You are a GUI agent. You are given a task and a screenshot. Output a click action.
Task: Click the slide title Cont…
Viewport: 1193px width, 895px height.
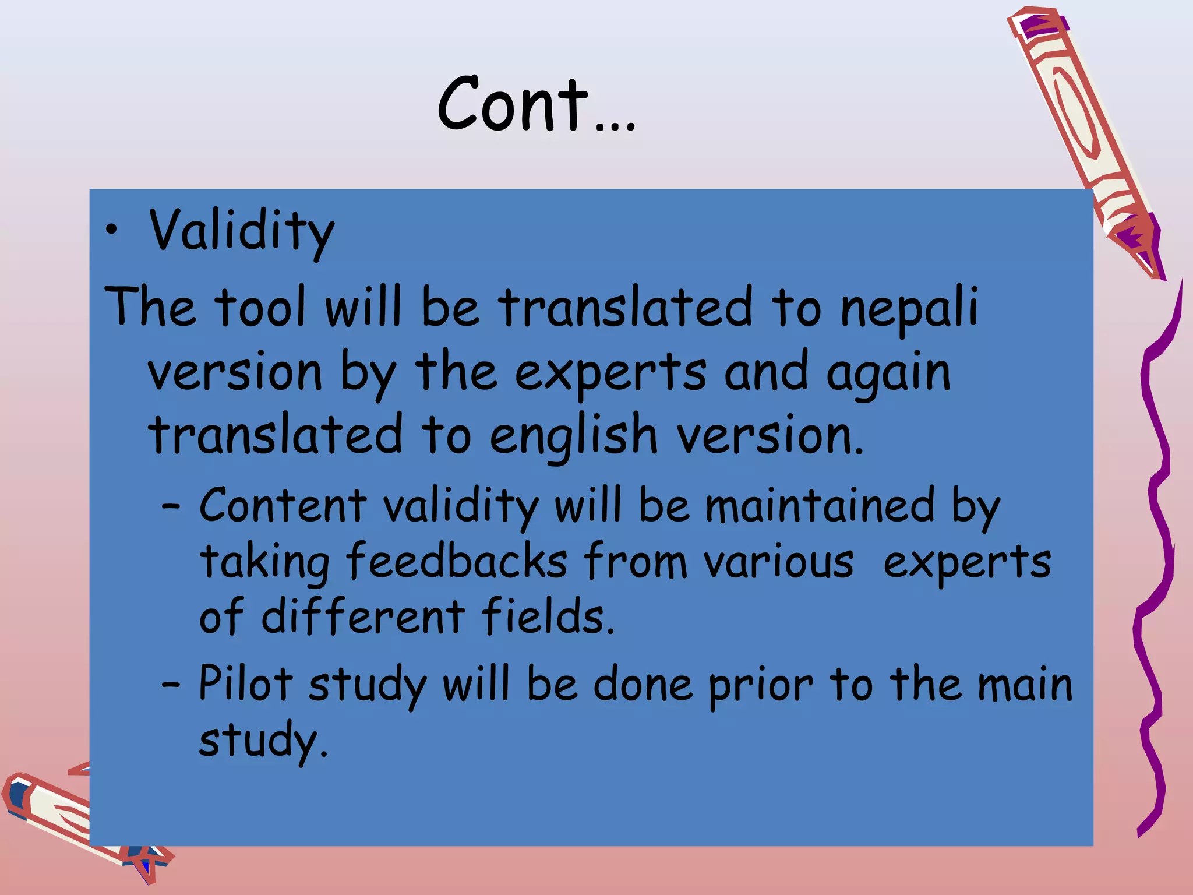pos(536,105)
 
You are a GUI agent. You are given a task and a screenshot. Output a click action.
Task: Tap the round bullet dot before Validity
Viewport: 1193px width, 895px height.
pos(112,231)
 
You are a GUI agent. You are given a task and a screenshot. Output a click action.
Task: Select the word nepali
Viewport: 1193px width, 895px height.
pos(909,309)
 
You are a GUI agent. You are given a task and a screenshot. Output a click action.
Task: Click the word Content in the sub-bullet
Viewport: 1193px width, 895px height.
pos(283,505)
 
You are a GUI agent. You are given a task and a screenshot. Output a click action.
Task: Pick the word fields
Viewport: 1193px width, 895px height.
pos(548,616)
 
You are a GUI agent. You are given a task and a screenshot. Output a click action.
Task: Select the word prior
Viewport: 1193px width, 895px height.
pos(760,685)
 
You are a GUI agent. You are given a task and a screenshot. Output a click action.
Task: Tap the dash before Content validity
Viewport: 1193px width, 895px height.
pos(171,508)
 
